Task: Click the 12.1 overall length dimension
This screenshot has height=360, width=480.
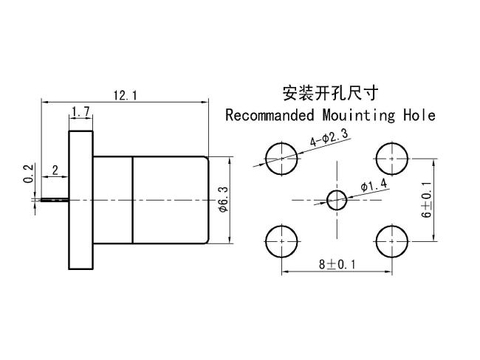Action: coord(126,96)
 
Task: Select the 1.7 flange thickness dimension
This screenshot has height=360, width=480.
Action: coord(81,111)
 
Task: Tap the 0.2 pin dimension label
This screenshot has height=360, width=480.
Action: coord(28,173)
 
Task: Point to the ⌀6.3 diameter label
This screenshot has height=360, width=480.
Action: coord(224,199)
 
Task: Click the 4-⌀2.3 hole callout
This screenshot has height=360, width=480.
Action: coord(329,138)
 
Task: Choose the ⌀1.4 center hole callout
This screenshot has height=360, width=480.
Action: coord(374,185)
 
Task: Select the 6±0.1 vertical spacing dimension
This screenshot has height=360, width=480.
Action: coord(426,199)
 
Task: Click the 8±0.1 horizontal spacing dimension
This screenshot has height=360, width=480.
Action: coord(337,264)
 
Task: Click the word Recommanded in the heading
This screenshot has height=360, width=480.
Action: coord(270,115)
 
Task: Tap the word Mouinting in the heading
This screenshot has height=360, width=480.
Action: coord(359,116)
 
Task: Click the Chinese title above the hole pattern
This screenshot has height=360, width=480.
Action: coord(330,93)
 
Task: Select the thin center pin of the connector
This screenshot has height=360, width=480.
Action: coord(55,200)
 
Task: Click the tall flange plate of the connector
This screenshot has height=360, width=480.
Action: coord(80,200)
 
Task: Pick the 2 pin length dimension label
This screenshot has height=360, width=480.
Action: coord(55,170)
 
